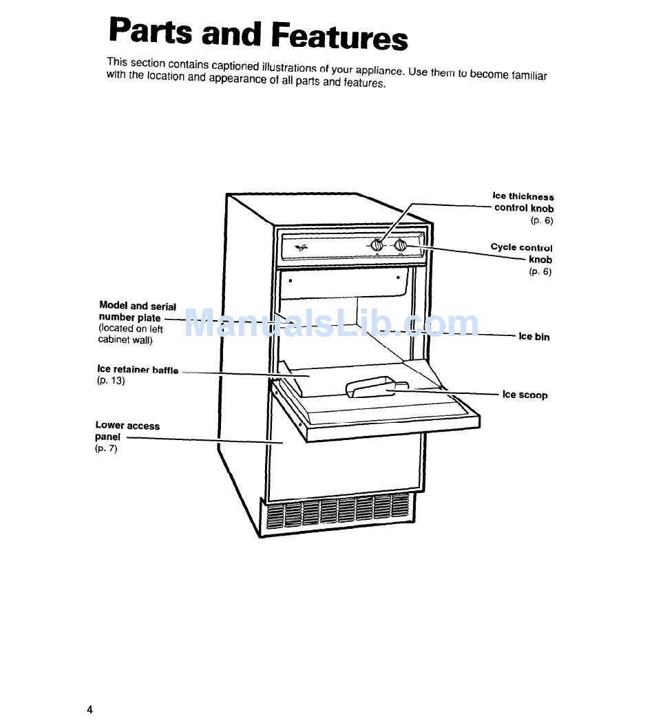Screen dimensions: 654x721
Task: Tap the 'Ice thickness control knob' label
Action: [x=524, y=202]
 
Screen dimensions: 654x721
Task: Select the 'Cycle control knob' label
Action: [x=522, y=253]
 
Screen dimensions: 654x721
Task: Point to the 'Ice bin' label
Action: [x=534, y=337]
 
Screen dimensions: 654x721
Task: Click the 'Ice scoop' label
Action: [x=525, y=395]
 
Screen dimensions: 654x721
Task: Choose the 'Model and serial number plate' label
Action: [x=137, y=311]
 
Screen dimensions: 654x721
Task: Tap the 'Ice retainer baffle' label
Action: [x=138, y=370]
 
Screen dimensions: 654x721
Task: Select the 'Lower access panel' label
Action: [x=127, y=430]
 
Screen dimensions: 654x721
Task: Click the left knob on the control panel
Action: [x=377, y=244]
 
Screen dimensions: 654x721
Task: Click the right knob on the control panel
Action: [x=401, y=244]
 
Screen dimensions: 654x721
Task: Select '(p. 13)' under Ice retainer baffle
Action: [x=111, y=381]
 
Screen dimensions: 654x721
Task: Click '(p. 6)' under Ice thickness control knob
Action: [x=541, y=220]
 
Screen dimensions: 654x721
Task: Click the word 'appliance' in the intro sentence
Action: [x=379, y=70]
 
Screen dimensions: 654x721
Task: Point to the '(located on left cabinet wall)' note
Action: [x=130, y=334]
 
